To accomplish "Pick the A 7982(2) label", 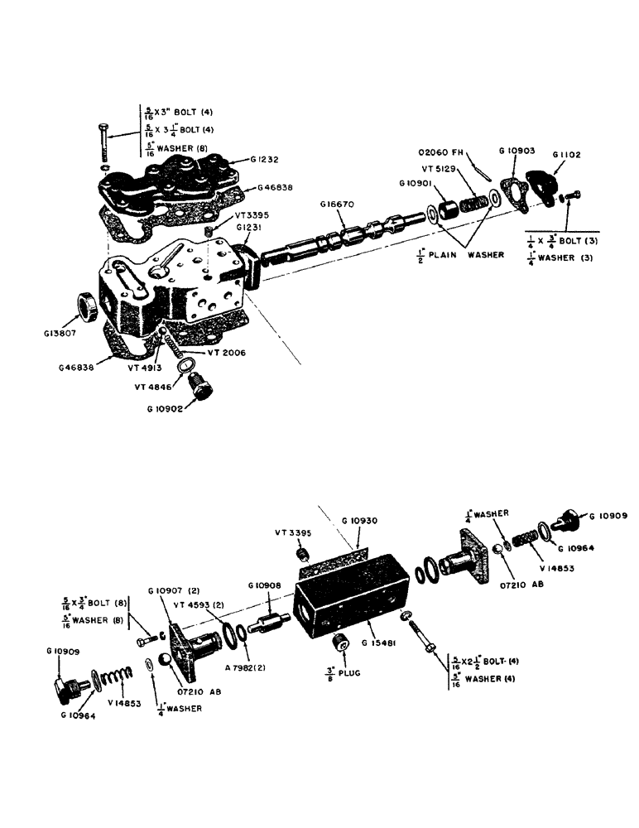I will click(x=237, y=667).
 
